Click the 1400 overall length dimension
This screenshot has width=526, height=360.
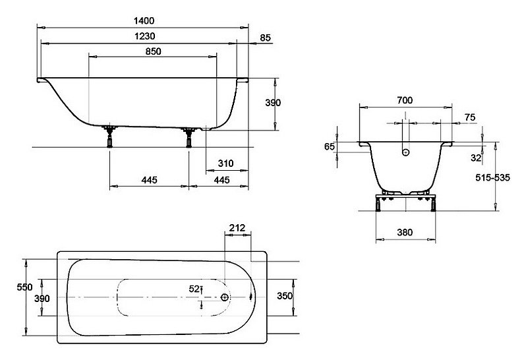[x=144, y=21]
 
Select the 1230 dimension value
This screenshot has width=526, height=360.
[x=144, y=36]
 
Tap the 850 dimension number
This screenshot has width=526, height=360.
[x=154, y=51]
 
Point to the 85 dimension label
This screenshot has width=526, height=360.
[x=265, y=38]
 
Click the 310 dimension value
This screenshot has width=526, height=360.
[x=225, y=164]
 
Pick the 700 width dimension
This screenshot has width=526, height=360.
[x=405, y=100]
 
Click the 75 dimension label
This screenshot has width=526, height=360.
[x=470, y=117]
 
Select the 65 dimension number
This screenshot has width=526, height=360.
[x=330, y=146]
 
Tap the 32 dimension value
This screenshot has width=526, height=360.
[x=476, y=158]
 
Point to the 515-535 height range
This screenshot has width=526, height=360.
[x=492, y=177]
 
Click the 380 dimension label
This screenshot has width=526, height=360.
[x=405, y=232]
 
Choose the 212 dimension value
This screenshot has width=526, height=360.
[x=237, y=228]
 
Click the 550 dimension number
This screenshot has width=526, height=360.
[x=25, y=287]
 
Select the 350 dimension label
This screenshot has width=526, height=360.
[x=285, y=296]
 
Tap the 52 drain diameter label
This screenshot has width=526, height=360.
[x=194, y=289]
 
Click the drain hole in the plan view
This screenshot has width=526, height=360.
[x=224, y=297]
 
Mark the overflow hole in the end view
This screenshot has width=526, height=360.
[x=405, y=152]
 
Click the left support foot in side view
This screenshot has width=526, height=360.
[x=109, y=137]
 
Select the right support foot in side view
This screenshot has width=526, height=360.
[x=189, y=138]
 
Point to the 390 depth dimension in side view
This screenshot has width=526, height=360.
[x=273, y=103]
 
